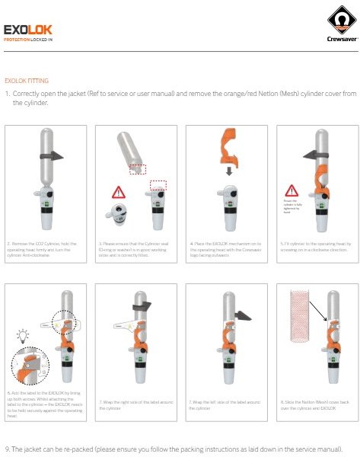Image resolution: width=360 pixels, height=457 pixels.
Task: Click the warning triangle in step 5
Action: tap(290, 190)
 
